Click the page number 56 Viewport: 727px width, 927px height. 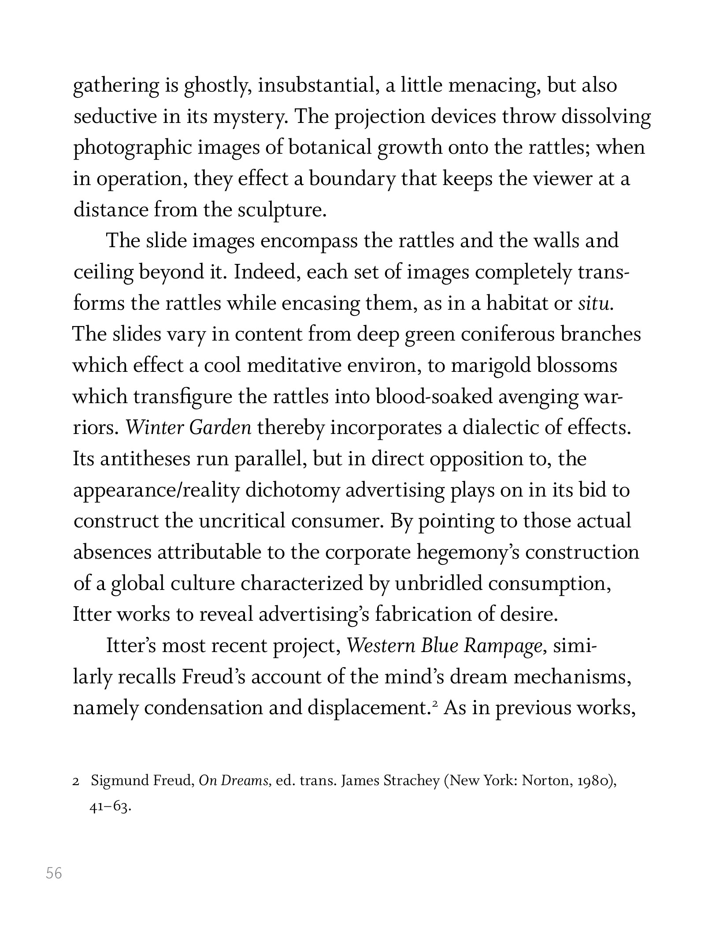[54, 873]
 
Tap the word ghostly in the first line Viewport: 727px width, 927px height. [218, 85]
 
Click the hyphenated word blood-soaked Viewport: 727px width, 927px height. [434, 397]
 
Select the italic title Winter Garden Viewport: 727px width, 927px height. [189, 428]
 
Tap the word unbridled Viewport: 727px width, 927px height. [438, 584]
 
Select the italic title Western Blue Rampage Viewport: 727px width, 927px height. [444, 646]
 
